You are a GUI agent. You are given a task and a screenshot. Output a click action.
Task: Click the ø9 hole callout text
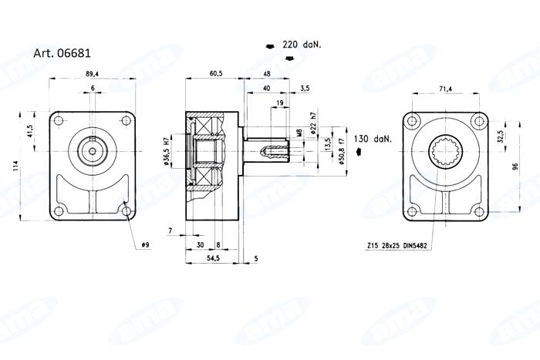145,245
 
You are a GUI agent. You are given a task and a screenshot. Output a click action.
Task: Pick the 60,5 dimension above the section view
215,73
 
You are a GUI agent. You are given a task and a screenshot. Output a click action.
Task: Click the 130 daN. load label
373,140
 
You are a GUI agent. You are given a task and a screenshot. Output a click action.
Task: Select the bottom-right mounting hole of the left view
125,207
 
